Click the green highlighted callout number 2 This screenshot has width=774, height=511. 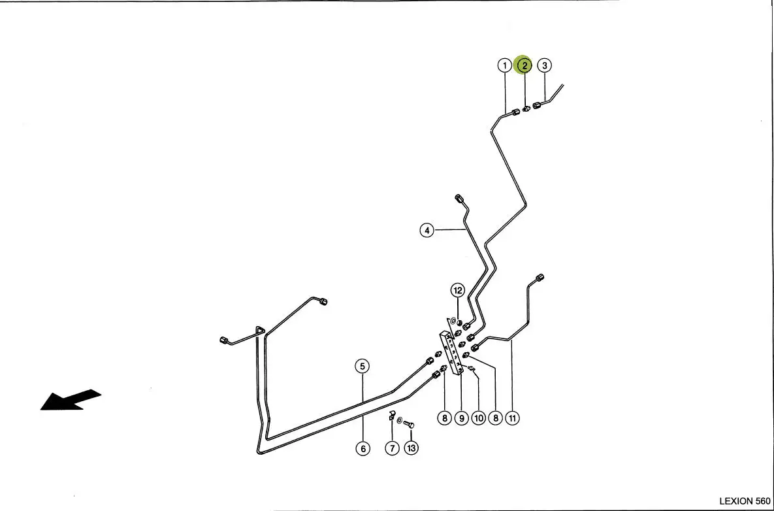coord(524,65)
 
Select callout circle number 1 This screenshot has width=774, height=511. coord(504,65)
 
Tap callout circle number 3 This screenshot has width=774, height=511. coord(545,65)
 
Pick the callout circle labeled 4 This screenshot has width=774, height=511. coord(427,230)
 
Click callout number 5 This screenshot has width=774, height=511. coord(363,367)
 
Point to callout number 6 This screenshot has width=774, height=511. coord(363,448)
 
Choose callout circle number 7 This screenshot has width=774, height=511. coord(392,448)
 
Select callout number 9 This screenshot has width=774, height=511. coord(461,418)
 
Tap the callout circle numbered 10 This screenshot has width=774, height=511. coord(478,418)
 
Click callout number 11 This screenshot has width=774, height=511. coord(512,418)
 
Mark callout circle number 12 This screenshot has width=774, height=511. coord(458,290)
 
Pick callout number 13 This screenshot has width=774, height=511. coord(411,448)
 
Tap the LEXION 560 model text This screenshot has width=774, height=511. coord(744,501)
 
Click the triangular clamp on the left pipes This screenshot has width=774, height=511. coord(260,331)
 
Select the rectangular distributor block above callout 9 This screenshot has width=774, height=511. coord(451,352)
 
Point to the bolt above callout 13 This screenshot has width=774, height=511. coord(409,424)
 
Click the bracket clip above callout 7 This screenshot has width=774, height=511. coord(392,415)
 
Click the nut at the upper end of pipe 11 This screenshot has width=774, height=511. coord(540,278)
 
